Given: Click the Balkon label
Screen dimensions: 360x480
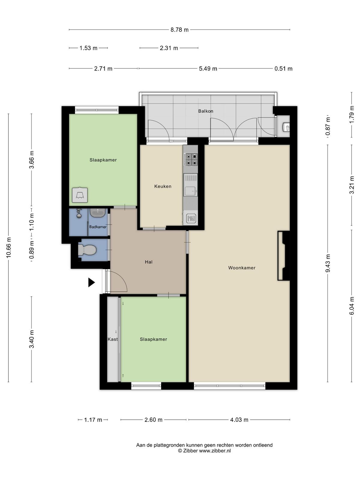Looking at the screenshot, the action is point(205,111).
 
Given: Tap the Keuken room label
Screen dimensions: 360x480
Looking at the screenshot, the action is point(163,186).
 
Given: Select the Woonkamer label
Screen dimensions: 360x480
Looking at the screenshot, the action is point(242,268).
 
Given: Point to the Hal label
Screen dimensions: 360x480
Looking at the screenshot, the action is point(148,262).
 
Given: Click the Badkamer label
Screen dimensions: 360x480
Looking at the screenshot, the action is point(98,227).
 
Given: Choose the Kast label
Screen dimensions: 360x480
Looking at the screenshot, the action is point(112,339).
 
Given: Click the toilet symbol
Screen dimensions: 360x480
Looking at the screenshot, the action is point(87,250).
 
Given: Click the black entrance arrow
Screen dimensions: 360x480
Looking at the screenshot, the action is point(91,282).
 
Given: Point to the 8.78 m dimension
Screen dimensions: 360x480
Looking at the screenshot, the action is point(179,30).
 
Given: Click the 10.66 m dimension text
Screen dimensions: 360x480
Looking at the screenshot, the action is point(8,247).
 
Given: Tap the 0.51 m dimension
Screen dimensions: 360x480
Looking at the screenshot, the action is point(283,69).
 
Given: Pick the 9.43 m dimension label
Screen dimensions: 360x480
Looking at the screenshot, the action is point(328,263).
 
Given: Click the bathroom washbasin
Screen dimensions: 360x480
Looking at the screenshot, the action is point(98,213).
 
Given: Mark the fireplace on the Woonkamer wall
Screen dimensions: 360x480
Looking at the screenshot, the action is point(284,255).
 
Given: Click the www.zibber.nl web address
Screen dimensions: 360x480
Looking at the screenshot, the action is point(214,451).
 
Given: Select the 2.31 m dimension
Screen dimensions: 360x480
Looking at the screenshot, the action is point(169,48).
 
